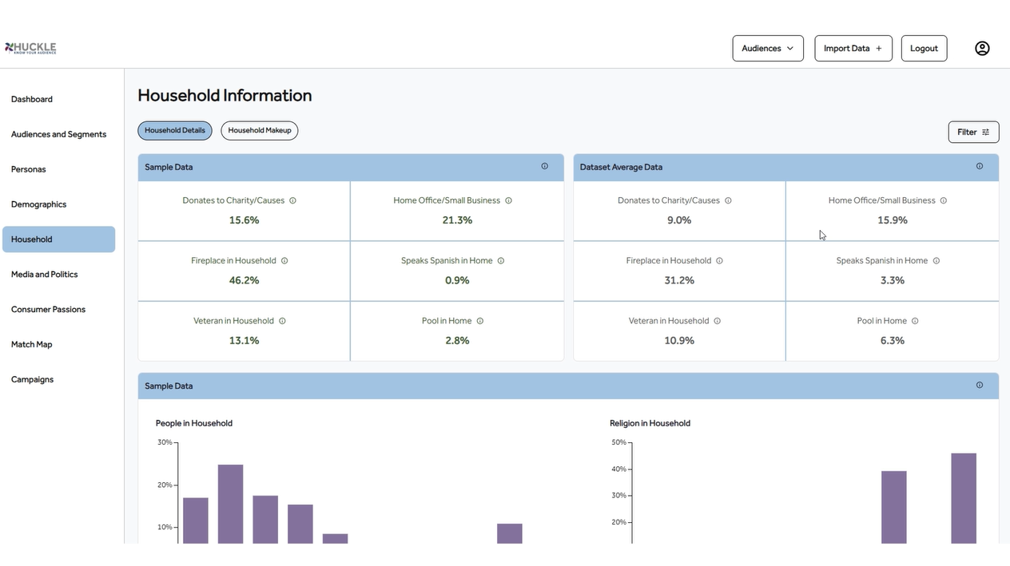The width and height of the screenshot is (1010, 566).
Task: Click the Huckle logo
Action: pos(30,48)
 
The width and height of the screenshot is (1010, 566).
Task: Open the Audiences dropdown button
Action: pos(767,48)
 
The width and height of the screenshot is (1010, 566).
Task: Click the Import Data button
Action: pos(853,48)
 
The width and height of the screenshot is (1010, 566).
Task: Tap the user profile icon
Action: pos(982,48)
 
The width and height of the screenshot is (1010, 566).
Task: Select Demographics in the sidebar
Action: pos(38,204)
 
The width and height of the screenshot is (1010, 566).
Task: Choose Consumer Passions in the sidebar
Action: pos(48,310)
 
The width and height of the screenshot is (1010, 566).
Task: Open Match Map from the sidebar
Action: pos(32,345)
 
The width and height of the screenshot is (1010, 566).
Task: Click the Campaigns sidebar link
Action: pos(33,380)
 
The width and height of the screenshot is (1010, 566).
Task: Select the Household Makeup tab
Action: pos(259,130)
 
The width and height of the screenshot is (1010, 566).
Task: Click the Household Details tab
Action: pos(174,130)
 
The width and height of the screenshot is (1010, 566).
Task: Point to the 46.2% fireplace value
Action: pos(244,280)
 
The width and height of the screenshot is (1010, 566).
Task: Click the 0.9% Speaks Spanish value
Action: pos(457,280)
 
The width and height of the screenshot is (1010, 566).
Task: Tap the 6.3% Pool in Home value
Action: pos(892,340)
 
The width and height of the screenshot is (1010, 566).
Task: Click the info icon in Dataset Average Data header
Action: pos(980,166)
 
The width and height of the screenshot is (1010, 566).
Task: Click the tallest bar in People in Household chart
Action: pos(230,503)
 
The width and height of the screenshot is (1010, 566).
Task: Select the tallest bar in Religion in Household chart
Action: pos(964,497)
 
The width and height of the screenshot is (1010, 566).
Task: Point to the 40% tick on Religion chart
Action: pos(620,469)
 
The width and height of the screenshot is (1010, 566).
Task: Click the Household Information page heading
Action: pos(225,96)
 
